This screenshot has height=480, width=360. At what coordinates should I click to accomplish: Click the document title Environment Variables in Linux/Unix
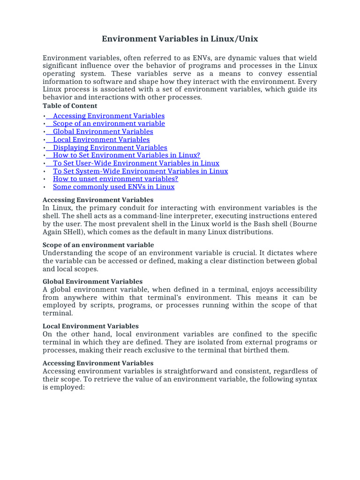pyautogui.click(x=180, y=38)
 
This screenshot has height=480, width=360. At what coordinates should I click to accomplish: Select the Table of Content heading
pyautogui.click(x=70, y=106)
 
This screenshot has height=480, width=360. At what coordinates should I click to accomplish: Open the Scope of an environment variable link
pyautogui.click(x=109, y=124)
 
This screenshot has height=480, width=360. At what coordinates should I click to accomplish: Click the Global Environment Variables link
pyautogui.click(x=103, y=132)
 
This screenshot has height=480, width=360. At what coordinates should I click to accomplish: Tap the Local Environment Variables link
pyautogui.click(x=101, y=140)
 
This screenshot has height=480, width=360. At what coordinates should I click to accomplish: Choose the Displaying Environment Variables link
pyautogui.click(x=110, y=148)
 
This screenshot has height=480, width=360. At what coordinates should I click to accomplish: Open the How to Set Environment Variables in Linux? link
pyautogui.click(x=127, y=156)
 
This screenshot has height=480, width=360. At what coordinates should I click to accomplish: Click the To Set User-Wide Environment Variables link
pyautogui.click(x=136, y=164)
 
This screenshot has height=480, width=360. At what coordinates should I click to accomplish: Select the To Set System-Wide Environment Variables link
pyautogui.click(x=140, y=172)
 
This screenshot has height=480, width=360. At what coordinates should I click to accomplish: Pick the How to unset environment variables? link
pyautogui.click(x=115, y=179)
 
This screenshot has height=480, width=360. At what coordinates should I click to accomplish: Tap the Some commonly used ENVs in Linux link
pyautogui.click(x=113, y=187)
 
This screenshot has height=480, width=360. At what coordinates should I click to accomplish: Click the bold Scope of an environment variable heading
pyautogui.click(x=98, y=245)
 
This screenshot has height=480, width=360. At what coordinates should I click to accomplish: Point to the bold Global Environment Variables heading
pyautogui.click(x=93, y=282)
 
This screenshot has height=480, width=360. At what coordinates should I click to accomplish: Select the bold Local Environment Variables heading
pyautogui.click(x=90, y=326)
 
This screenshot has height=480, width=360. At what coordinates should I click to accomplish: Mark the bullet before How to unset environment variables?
pyautogui.click(x=44, y=180)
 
